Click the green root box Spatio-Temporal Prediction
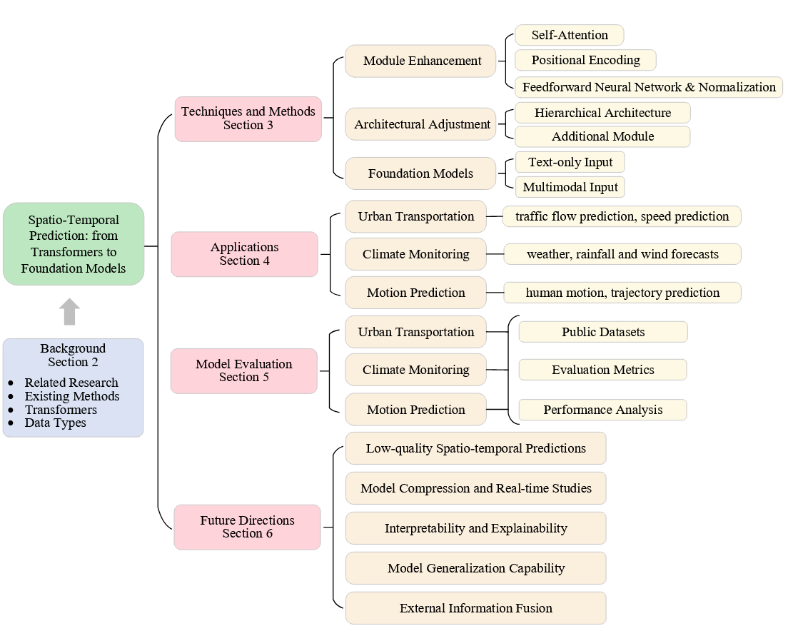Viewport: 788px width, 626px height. click(x=74, y=244)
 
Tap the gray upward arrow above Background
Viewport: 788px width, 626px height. click(x=69, y=312)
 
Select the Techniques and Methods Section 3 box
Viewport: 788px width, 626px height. click(x=248, y=118)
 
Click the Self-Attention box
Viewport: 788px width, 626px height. click(x=569, y=35)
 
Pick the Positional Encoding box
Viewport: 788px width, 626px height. click(x=585, y=60)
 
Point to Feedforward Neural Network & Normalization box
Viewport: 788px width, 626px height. click(x=648, y=87)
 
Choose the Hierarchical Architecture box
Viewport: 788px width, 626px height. click(x=602, y=113)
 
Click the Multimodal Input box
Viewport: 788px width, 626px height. click(x=570, y=187)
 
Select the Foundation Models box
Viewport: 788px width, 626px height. click(x=420, y=173)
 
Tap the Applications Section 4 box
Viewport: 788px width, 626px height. click(x=244, y=254)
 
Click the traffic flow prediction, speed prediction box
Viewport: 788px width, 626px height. click(x=622, y=216)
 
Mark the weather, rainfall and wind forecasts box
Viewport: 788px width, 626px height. click(x=622, y=254)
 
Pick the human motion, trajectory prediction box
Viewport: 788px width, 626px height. click(x=622, y=293)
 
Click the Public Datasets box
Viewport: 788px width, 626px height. click(x=602, y=332)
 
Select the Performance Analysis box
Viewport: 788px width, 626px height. click(x=602, y=410)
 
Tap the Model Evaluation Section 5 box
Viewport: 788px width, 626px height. click(x=243, y=370)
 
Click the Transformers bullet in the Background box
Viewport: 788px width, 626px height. click(x=61, y=410)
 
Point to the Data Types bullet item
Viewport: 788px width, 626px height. click(x=55, y=423)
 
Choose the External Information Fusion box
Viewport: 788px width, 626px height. click(x=475, y=608)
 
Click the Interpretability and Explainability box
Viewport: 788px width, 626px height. click(x=475, y=528)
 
